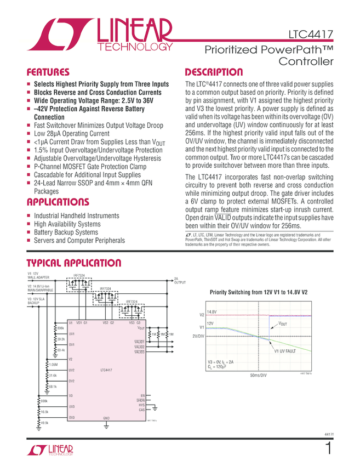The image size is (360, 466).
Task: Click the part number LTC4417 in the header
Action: pos(311,36)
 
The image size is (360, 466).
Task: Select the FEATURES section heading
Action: pos(48,72)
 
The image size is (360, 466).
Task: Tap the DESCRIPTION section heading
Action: pos(214,72)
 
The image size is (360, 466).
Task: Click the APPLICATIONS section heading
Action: pos(58,202)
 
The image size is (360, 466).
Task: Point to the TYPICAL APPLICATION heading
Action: pos(75,263)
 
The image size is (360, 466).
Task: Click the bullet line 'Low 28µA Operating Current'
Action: pos(72,133)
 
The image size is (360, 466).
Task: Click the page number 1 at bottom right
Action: pos(328,448)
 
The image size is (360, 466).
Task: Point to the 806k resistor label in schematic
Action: pos(61,328)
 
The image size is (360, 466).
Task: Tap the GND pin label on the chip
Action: pos(107,418)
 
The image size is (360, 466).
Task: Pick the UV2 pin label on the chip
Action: pos(72,370)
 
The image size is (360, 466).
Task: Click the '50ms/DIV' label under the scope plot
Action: pos(258,376)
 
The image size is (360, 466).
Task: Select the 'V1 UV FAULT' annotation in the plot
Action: pos(285,351)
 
